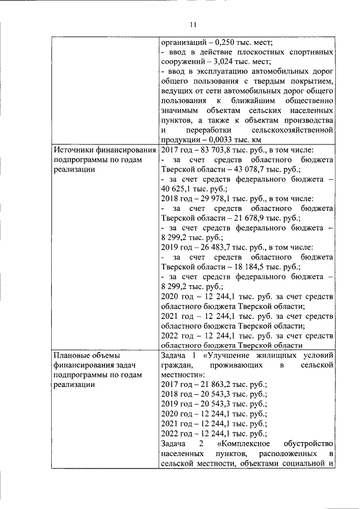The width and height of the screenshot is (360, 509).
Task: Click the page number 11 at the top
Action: pyautogui.click(x=193, y=25)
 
